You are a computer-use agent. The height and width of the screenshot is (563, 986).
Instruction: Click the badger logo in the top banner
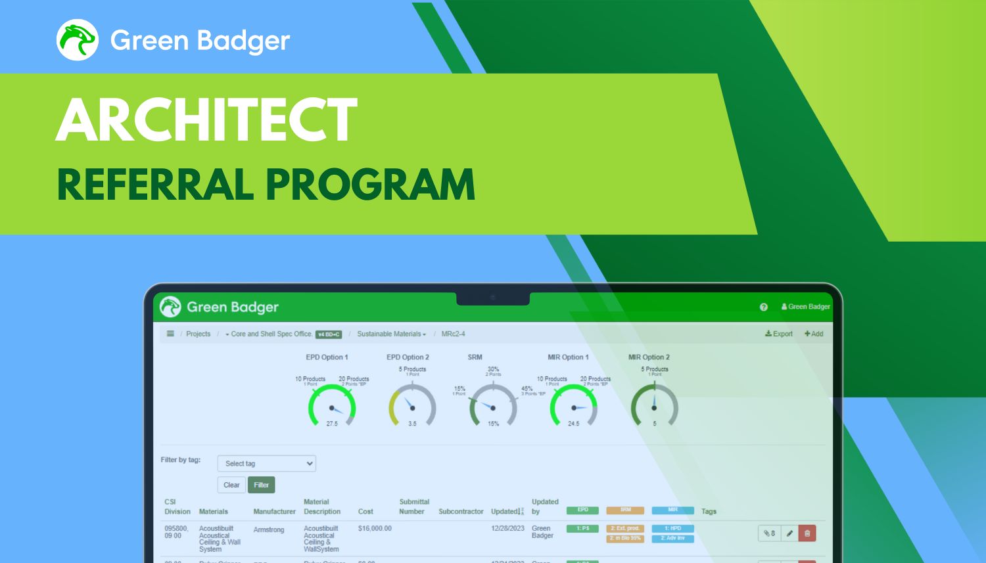[x=78, y=40]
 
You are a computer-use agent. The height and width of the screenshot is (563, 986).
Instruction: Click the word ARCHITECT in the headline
[x=206, y=120]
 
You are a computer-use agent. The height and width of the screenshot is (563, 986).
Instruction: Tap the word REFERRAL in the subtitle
[x=155, y=185]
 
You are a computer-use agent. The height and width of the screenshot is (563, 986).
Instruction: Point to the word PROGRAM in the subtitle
[x=371, y=185]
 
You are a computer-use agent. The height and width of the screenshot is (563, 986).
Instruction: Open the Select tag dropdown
[x=266, y=463]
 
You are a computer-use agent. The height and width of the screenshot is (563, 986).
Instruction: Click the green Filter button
[x=261, y=485]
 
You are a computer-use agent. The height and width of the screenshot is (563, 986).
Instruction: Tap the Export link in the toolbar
[x=779, y=334]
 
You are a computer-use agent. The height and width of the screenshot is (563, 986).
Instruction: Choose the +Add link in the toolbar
[x=814, y=334]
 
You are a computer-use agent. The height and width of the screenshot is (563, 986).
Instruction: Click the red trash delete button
[x=807, y=533]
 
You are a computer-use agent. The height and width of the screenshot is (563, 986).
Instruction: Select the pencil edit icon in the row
[x=789, y=533]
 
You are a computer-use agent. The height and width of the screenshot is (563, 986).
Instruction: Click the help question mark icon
[x=764, y=307]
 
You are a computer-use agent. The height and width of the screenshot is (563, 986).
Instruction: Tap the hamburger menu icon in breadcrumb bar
[x=170, y=334]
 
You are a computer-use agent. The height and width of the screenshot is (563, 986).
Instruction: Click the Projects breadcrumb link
[x=198, y=334]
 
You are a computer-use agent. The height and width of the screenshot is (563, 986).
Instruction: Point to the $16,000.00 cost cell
[x=375, y=528]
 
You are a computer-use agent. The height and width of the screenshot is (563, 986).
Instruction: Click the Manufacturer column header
[x=274, y=511]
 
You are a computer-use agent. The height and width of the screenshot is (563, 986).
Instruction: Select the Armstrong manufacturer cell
[x=269, y=529]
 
